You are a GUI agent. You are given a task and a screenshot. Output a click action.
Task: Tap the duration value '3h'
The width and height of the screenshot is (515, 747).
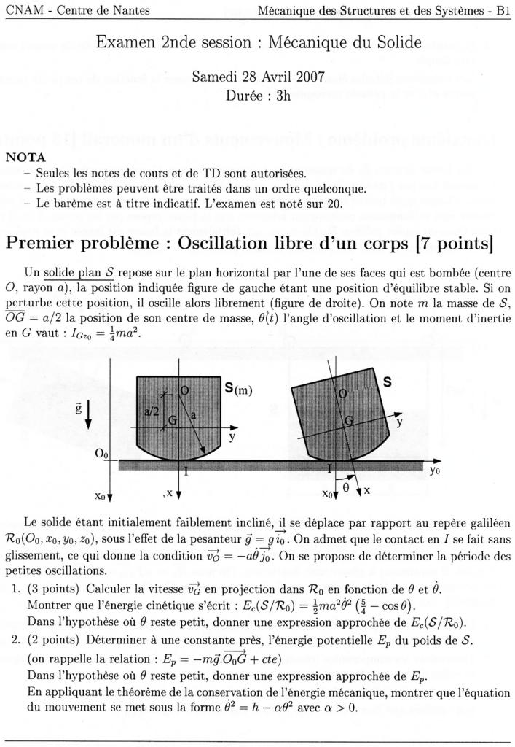coord(280,96)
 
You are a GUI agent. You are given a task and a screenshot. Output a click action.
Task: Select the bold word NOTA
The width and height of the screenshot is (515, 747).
coord(25,157)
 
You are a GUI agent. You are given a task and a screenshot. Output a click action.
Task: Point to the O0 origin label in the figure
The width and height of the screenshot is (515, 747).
coord(101,454)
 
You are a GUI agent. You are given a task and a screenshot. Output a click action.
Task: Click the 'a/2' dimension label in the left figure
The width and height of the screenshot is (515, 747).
coord(152,411)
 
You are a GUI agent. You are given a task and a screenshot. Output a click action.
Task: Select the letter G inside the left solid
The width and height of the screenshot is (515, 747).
coord(173,421)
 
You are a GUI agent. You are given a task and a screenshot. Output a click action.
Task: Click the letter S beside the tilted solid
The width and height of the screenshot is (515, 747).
coord(388,381)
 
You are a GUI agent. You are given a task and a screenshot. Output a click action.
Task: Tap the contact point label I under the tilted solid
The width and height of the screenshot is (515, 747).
coord(330,467)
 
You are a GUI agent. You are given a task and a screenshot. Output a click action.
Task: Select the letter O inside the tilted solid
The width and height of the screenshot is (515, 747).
coord(342,393)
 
